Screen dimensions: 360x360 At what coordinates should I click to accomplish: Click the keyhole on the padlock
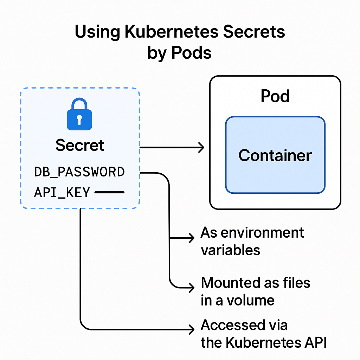[79, 119]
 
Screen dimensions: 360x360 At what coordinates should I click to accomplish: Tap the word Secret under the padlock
[80, 145]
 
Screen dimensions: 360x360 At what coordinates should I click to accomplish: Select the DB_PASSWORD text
[79, 172]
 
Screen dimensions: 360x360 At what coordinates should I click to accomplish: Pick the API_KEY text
[62, 193]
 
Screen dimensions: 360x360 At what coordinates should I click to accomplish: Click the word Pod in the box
[275, 96]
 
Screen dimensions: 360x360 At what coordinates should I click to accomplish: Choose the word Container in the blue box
[275, 155]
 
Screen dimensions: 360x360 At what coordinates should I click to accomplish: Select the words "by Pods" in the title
[179, 52]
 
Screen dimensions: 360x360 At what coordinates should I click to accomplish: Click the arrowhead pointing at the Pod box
[201, 148]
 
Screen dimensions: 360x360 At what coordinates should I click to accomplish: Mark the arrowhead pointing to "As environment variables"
[192, 238]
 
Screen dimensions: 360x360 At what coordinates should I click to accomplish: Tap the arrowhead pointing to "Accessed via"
[192, 329]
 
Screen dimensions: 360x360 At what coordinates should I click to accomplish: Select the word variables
[230, 250]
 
